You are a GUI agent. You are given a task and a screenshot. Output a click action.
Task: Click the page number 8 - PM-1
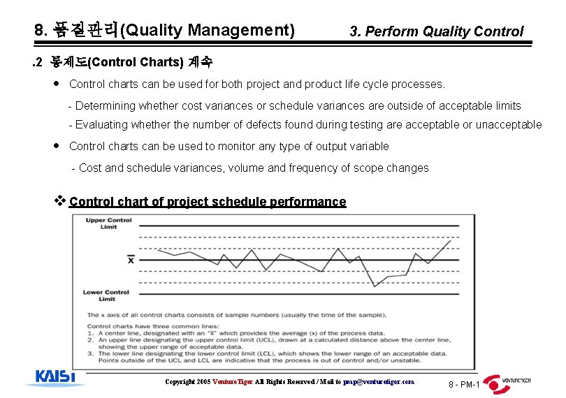pos(463,385)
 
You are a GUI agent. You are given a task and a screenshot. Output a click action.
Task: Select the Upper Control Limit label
pos(108,223)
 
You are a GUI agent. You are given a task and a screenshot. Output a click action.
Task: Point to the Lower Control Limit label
pos(106,295)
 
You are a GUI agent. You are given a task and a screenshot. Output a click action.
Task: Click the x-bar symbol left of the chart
pos(131,260)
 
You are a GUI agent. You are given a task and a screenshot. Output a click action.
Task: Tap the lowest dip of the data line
pos(375,286)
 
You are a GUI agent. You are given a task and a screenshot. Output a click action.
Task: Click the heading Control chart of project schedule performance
pos(208,202)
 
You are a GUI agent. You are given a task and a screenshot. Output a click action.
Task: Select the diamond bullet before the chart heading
pos(59,201)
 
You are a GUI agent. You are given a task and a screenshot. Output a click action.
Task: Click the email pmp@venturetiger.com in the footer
pos(380,382)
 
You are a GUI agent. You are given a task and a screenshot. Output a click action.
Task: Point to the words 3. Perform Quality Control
pos(436,31)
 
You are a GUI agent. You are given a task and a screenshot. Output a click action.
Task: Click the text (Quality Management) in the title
pos(208,30)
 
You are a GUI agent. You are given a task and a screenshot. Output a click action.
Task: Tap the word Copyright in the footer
pos(180,382)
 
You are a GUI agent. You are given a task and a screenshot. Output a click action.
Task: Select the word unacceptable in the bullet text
pos(507,124)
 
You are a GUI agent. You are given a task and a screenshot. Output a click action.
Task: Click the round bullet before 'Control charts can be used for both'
pos(57,84)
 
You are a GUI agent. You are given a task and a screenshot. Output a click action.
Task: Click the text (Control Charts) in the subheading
pos(136,61)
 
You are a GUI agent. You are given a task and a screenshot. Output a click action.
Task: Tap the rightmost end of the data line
pos(451,241)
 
